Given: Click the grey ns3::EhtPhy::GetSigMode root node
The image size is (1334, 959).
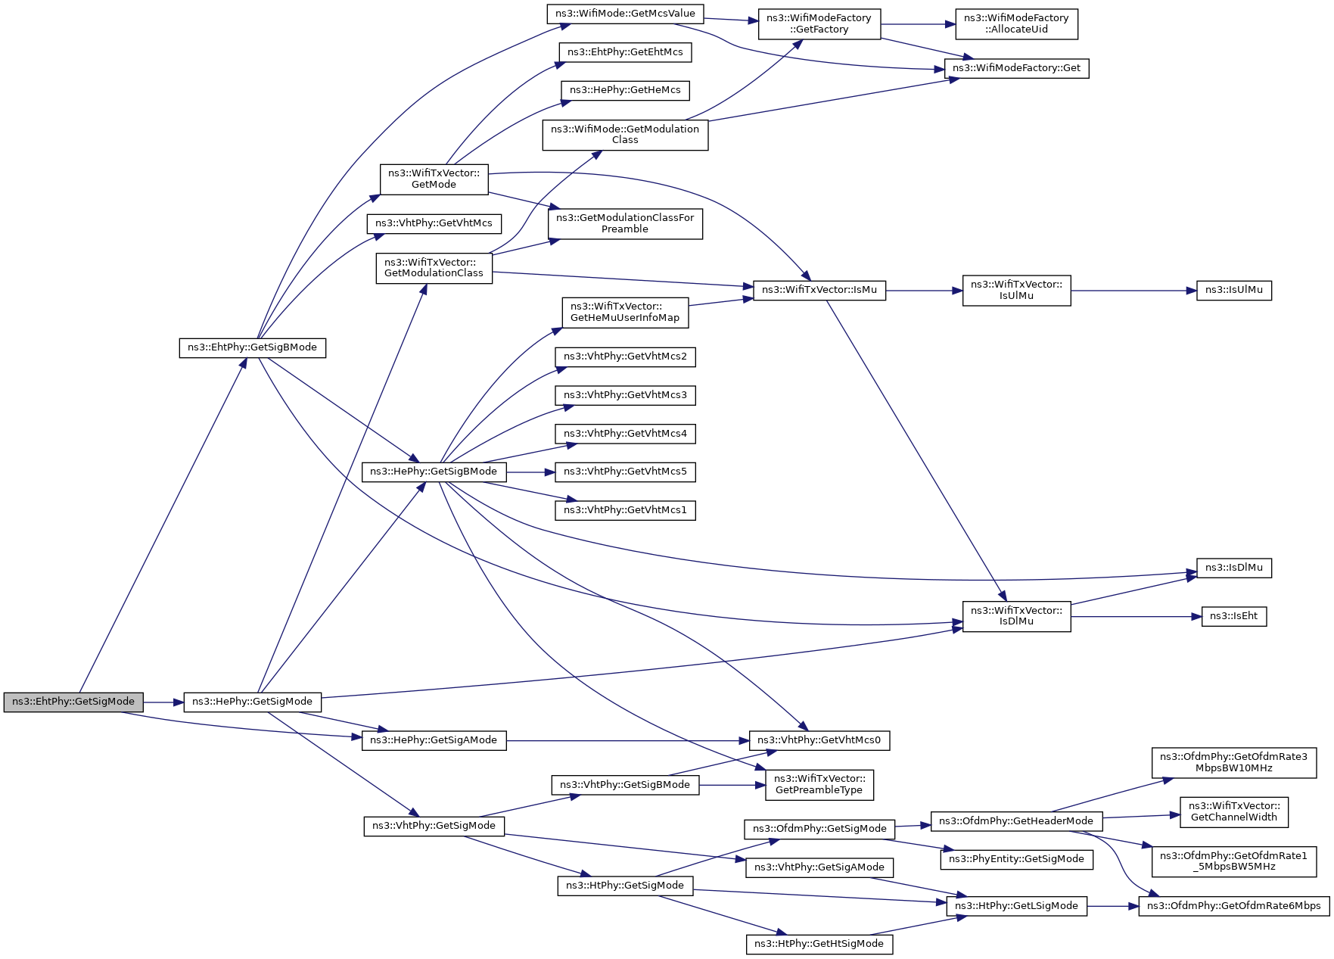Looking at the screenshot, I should pyautogui.click(x=73, y=702).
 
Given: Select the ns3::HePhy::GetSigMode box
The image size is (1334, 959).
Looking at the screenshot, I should pyautogui.click(x=252, y=702).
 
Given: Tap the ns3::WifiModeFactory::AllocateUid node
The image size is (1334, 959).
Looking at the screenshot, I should pyautogui.click(x=1016, y=23).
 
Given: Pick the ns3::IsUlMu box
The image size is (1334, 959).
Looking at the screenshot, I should pyautogui.click(x=1233, y=290).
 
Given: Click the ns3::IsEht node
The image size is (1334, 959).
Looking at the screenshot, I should pyautogui.click(x=1233, y=616).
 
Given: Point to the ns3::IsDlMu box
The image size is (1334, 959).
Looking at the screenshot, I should pyautogui.click(x=1233, y=568).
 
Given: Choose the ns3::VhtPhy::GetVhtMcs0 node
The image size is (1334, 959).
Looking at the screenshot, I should pyautogui.click(x=819, y=740).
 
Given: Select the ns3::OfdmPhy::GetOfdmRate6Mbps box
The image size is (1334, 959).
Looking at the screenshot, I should pyautogui.click(x=1233, y=906).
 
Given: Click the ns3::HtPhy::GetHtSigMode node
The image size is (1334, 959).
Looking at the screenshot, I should pyautogui.click(x=819, y=944).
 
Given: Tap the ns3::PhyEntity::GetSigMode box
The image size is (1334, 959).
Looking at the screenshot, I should pyautogui.click(x=1016, y=859).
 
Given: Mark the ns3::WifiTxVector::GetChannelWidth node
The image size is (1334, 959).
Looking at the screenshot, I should pyautogui.click(x=1233, y=811).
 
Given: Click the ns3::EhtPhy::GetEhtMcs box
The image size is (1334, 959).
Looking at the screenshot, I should pyautogui.click(x=625, y=52).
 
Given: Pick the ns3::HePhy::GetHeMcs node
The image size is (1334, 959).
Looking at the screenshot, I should pyautogui.click(x=625, y=90).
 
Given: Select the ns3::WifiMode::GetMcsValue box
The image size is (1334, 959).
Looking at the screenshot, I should pyautogui.click(x=625, y=14).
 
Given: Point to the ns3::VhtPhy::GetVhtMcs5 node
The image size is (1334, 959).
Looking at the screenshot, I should pyautogui.click(x=625, y=472).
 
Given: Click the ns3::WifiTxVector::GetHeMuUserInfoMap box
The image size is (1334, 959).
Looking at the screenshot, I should pyautogui.click(x=625, y=312).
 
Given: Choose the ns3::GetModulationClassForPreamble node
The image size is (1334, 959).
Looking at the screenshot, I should pyautogui.click(x=625, y=223).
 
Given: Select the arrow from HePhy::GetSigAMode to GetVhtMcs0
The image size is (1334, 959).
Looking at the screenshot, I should pyautogui.click(x=628, y=740).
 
